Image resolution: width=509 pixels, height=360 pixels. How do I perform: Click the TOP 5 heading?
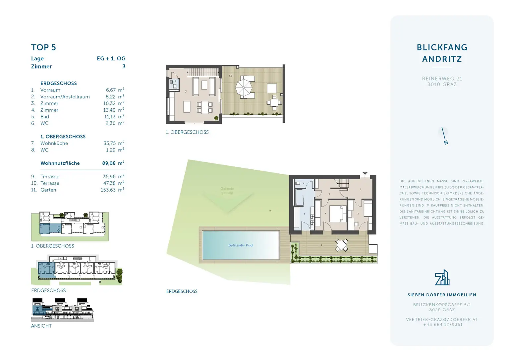point(43,47)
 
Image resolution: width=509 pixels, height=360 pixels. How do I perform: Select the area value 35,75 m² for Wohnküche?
point(114,143)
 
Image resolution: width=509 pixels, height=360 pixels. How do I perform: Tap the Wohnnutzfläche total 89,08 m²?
point(113,163)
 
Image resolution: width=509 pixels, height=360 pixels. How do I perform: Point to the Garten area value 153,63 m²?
point(112,190)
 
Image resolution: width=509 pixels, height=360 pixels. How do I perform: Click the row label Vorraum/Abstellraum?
point(65,97)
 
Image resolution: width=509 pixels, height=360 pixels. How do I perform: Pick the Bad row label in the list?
point(45,117)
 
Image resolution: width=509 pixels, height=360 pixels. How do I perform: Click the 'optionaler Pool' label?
point(241,245)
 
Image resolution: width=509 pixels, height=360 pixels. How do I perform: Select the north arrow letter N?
point(446,143)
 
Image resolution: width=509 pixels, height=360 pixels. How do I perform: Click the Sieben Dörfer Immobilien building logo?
point(442,277)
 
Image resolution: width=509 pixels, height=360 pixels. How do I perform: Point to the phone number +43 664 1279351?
point(442,325)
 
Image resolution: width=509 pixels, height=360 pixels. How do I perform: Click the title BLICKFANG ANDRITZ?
point(442,53)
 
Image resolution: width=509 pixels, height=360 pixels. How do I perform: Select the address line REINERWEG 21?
point(442,79)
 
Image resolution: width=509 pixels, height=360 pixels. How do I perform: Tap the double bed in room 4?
point(337,213)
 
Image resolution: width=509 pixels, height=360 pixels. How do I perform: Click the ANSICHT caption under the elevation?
point(41,326)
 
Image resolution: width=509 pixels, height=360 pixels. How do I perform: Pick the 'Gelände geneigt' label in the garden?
point(227,191)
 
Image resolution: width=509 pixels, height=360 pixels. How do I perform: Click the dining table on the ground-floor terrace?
point(341,245)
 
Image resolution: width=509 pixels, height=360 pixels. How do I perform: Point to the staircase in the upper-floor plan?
point(203,72)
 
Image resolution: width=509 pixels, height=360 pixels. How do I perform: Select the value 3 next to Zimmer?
point(124,67)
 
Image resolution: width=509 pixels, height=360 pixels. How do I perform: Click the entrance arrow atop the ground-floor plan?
point(365,173)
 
